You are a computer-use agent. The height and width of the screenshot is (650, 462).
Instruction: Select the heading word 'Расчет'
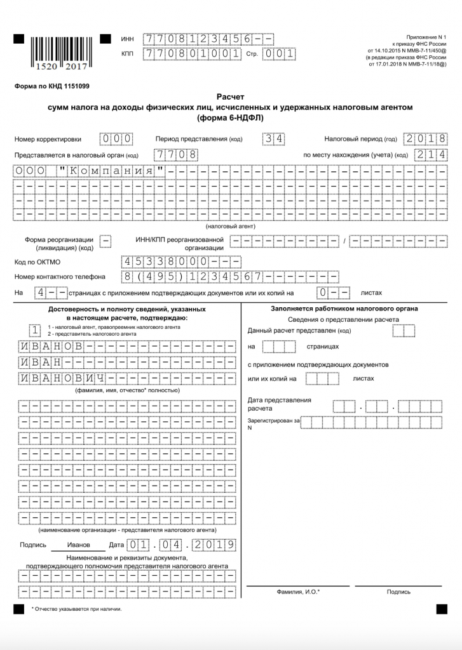(231, 97)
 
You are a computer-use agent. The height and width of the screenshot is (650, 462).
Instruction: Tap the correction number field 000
(116, 139)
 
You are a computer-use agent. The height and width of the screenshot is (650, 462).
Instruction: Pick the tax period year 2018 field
(425, 139)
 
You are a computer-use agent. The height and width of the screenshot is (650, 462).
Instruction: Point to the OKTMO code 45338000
(180, 262)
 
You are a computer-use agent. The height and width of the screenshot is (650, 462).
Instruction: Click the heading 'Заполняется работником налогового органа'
(344, 309)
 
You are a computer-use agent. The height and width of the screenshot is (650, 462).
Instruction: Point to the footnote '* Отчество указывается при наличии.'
(76, 609)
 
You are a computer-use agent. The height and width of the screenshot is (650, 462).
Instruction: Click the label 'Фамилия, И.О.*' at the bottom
(298, 592)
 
